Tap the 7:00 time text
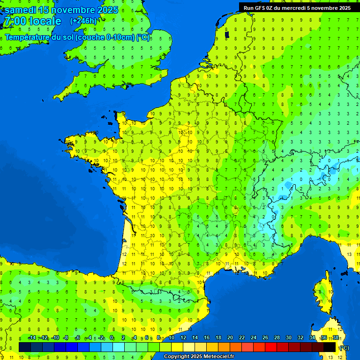click(x=14, y=21)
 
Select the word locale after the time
click(x=45, y=21)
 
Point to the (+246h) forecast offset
click(x=83, y=21)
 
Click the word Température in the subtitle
click(x=28, y=37)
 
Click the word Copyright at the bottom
click(x=177, y=357)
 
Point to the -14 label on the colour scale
click(x=32, y=338)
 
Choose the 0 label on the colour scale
click(x=112, y=338)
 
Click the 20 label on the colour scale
click(x=230, y=338)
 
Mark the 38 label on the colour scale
click(x=335, y=338)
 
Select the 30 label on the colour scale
click(x=288, y=338)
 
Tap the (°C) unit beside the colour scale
click(x=344, y=348)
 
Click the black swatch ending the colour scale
click(x=330, y=347)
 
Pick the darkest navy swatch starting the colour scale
click(x=25, y=347)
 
